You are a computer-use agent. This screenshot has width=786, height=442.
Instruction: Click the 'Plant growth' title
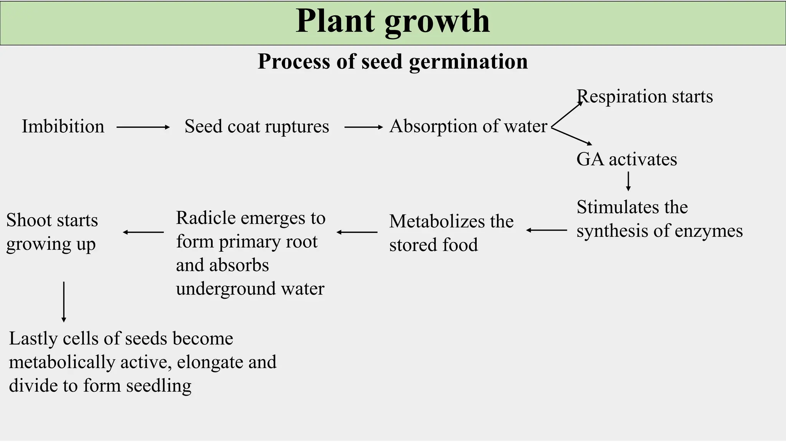click(393, 21)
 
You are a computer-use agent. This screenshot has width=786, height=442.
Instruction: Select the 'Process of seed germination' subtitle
click(393, 61)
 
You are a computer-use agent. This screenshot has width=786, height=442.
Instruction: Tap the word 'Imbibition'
click(63, 126)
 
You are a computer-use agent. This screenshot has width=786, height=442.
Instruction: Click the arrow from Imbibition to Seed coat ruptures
click(143, 127)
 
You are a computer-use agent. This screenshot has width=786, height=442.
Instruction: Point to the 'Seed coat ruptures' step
click(257, 126)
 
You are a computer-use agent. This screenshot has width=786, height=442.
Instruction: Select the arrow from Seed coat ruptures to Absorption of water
click(363, 127)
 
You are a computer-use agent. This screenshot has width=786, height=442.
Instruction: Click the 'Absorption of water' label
click(468, 126)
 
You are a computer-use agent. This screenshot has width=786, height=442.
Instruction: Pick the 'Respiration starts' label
click(645, 96)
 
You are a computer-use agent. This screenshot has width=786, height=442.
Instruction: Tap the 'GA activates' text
click(627, 159)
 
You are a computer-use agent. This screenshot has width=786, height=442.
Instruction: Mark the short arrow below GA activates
click(628, 181)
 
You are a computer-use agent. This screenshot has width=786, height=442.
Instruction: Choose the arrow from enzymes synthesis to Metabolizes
click(547, 230)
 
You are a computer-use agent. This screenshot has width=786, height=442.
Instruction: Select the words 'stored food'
click(433, 245)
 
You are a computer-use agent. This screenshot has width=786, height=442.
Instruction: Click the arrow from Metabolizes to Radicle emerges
click(357, 232)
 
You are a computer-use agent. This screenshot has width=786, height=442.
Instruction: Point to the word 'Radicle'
click(206, 218)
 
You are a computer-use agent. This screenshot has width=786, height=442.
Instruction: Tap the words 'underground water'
click(250, 289)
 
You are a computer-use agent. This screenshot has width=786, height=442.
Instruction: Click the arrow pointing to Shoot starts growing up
click(143, 232)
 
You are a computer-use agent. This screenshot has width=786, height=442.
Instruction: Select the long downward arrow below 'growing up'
click(64, 302)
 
